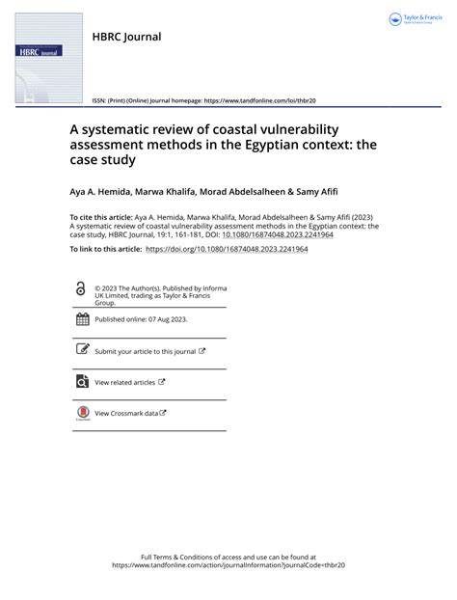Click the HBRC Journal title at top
point(125,37)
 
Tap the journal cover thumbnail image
point(39,60)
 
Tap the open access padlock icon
point(80,289)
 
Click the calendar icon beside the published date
point(81,319)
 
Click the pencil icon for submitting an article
point(81,351)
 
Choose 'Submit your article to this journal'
point(145,351)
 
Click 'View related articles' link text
point(125,382)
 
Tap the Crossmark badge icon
point(81,414)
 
